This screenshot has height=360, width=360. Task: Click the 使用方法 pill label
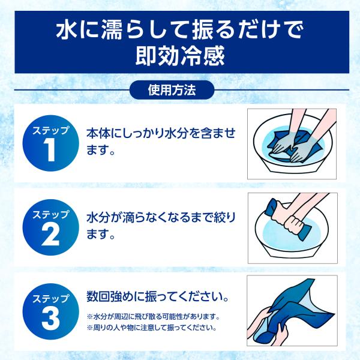tap(172, 90)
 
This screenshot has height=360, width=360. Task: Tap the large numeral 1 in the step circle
tap(50, 150)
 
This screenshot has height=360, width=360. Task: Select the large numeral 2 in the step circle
tap(51, 234)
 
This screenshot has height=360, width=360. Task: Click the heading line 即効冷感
tap(180, 56)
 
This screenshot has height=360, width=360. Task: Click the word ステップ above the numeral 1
tap(51, 130)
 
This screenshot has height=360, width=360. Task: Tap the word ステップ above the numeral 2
tap(51, 214)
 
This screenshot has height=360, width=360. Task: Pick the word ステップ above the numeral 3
tap(51, 299)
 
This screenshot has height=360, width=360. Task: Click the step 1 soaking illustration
tap(292, 144)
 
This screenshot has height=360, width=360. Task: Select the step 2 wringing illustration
tap(293, 228)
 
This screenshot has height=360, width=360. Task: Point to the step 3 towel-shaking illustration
tap(292, 311)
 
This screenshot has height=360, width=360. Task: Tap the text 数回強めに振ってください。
tap(158, 296)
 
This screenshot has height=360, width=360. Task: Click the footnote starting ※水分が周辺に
tap(154, 317)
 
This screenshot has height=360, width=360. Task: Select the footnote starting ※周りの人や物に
tap(152, 328)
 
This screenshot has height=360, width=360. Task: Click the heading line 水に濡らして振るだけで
tap(180, 30)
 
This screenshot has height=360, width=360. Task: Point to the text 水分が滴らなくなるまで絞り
tap(161, 218)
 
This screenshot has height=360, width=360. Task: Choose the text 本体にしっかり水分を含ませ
tap(161, 133)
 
